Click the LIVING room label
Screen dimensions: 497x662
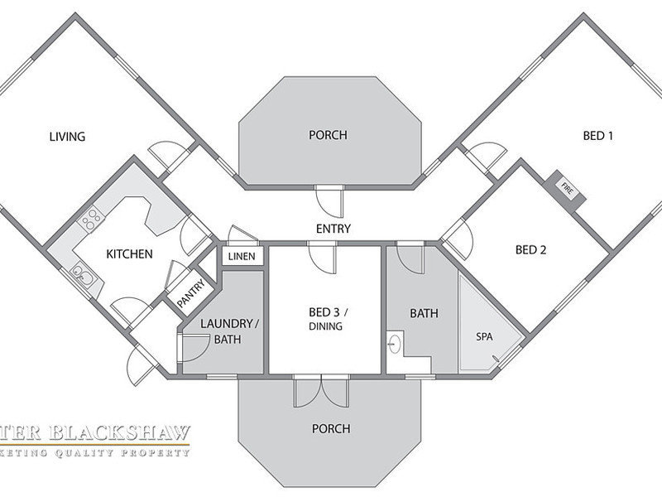68,137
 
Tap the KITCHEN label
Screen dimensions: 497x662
129,253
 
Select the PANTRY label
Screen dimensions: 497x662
190,292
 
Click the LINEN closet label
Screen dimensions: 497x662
242,257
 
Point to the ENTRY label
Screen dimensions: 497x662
333,229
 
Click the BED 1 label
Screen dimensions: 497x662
598,136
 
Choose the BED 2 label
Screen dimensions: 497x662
530,249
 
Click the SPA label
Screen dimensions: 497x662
484,338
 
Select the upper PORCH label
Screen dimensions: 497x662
328,135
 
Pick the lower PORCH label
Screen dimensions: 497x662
330,429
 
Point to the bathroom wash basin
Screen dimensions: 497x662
396,342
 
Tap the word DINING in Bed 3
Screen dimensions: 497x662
325,327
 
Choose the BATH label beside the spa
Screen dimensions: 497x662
425,313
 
